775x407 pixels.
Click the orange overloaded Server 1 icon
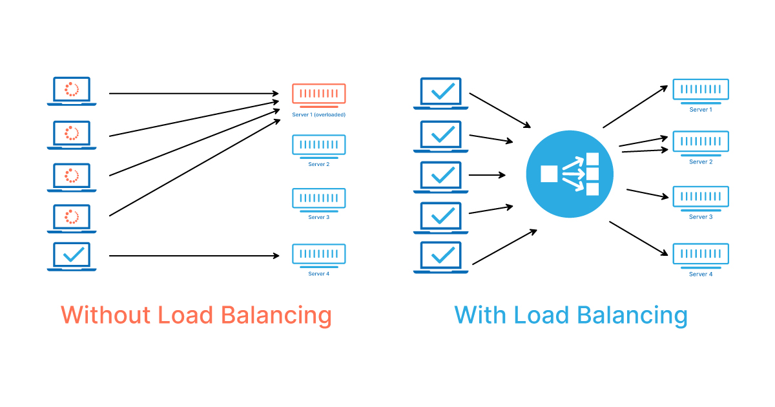pyautogui.click(x=318, y=94)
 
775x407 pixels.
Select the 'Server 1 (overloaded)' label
pyautogui.click(x=318, y=114)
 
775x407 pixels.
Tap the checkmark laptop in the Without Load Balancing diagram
pyautogui.click(x=72, y=256)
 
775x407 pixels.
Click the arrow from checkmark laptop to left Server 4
pyautogui.click(x=194, y=256)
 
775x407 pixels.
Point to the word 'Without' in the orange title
pyautogui.click(x=103, y=315)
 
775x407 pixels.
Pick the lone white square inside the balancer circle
pyautogui.click(x=548, y=174)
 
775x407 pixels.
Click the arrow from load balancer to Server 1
pyautogui.click(x=635, y=107)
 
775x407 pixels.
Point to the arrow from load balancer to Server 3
pyautogui.click(x=646, y=194)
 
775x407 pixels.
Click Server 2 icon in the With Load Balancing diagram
pyautogui.click(x=701, y=142)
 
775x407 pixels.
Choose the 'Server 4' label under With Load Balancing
pyautogui.click(x=701, y=274)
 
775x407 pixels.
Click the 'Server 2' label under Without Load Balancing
pyautogui.click(x=318, y=164)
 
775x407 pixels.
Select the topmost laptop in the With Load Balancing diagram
pyautogui.click(x=441, y=92)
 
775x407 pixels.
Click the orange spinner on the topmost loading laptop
pyautogui.click(x=72, y=89)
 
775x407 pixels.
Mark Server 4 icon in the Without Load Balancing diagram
pyautogui.click(x=318, y=254)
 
